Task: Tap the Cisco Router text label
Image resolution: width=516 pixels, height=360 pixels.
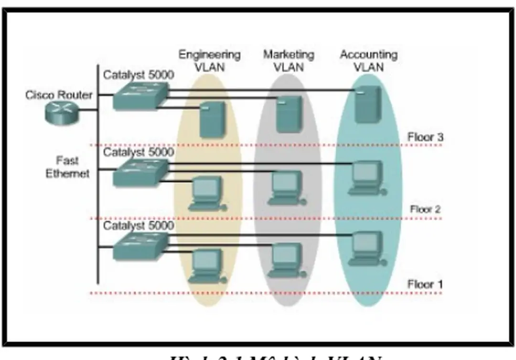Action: [x=59, y=95]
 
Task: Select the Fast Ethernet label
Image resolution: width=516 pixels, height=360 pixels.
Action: [x=67, y=167]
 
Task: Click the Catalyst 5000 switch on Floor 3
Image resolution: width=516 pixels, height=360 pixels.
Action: [x=140, y=96]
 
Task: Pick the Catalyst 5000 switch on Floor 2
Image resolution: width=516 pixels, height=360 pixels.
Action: [x=140, y=173]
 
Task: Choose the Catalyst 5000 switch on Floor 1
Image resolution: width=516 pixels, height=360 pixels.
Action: [x=140, y=245]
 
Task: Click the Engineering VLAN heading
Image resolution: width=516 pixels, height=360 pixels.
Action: [x=209, y=61]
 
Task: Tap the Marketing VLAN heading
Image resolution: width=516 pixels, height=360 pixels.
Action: [x=289, y=61]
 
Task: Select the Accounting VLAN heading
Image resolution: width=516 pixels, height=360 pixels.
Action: [x=368, y=61]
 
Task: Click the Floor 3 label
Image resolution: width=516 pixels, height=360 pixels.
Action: [x=425, y=137]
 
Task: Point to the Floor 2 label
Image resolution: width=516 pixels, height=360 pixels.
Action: [x=425, y=209]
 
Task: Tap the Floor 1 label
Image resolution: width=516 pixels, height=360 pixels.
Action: [x=425, y=284]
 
